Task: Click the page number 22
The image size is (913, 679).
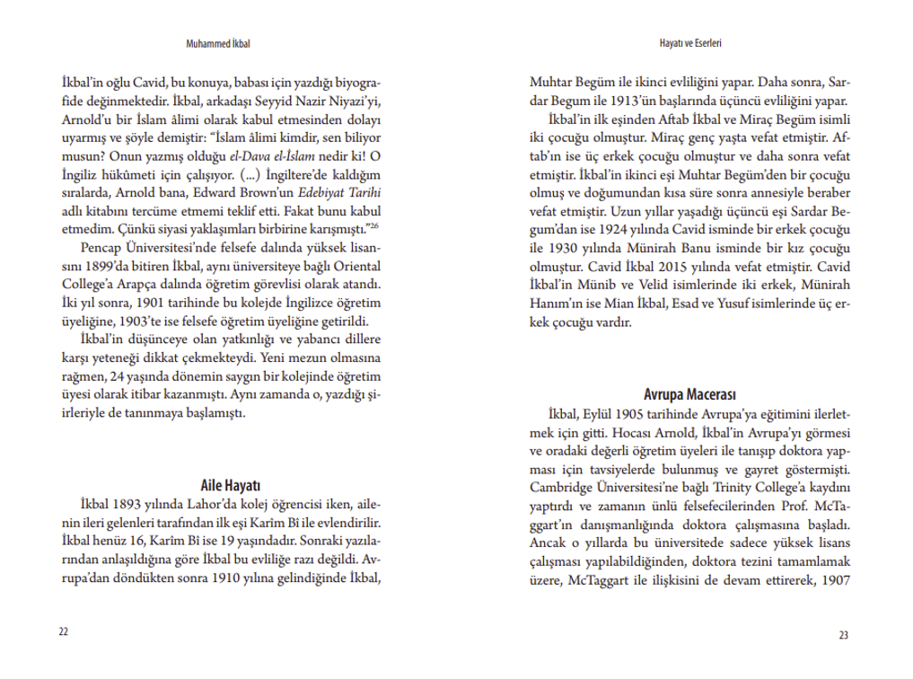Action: tap(63, 631)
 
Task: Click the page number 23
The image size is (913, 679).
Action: tap(843, 635)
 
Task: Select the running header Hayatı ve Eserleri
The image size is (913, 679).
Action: tap(690, 42)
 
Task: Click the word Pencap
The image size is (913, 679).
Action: tap(100, 248)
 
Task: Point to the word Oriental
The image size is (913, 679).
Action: tap(356, 268)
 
